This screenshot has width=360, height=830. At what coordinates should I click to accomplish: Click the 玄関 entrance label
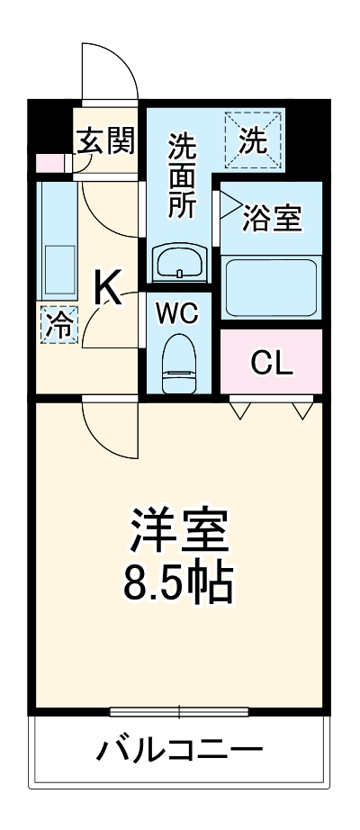(x=105, y=140)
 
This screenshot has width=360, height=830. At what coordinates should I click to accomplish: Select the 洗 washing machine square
(x=254, y=140)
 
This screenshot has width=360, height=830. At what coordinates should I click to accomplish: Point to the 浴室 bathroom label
(x=273, y=218)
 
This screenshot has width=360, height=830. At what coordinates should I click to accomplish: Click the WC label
(x=180, y=313)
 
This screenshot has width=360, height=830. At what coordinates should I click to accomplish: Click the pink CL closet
(x=271, y=363)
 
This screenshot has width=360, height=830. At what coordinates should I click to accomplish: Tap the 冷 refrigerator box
(x=58, y=324)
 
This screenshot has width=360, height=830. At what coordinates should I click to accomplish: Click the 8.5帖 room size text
(x=178, y=582)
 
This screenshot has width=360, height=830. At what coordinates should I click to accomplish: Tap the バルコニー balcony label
(x=180, y=749)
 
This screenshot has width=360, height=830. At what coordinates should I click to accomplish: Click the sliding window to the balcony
(x=178, y=712)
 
